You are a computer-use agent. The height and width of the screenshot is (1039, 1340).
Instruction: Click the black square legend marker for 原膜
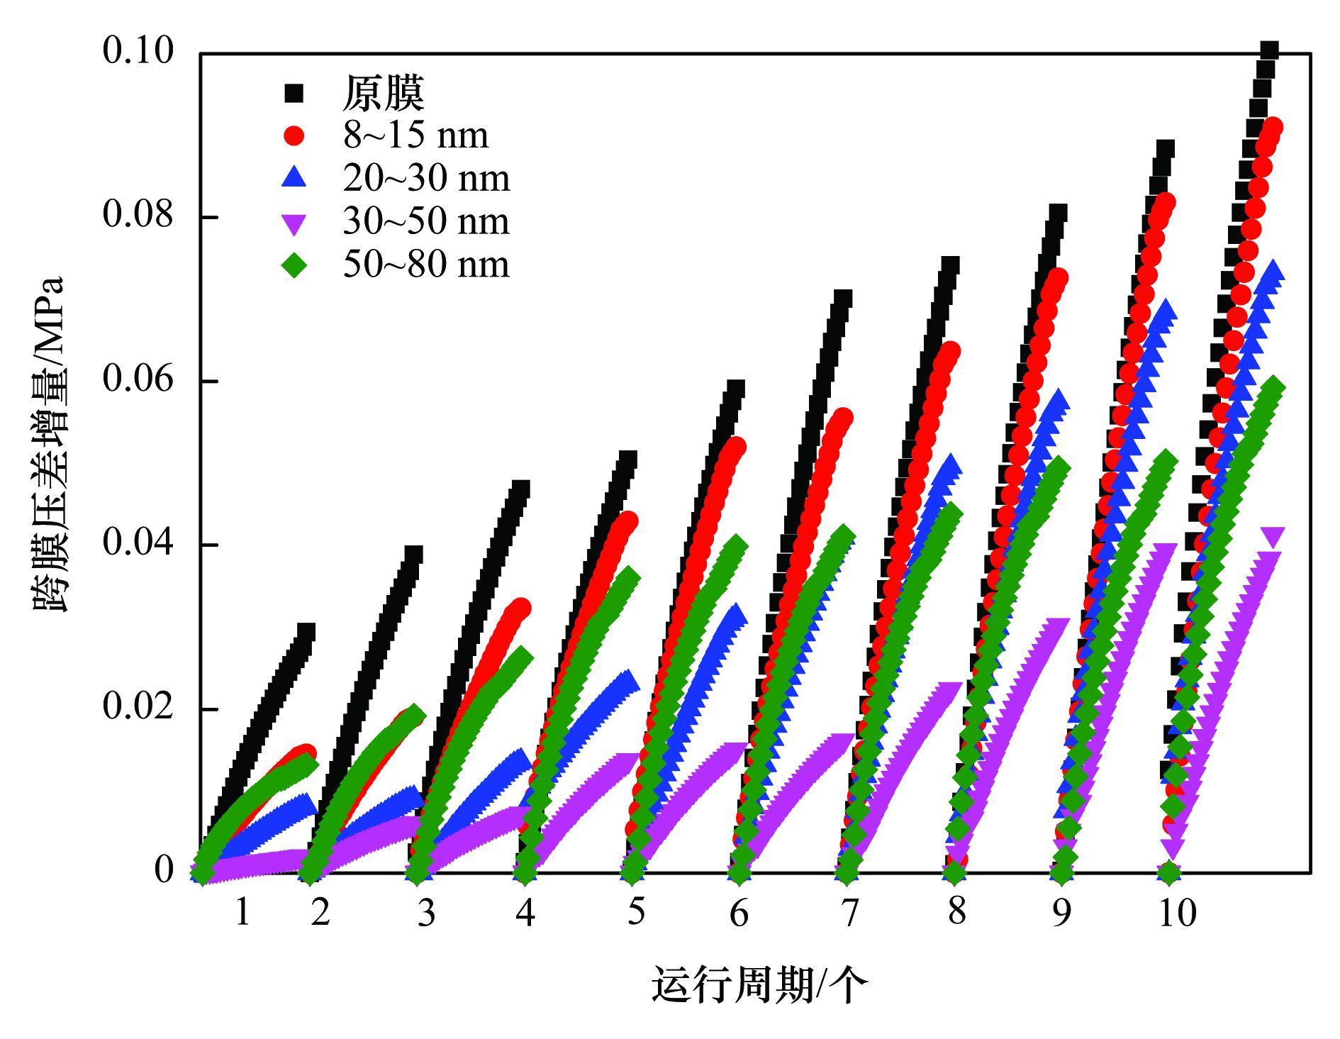click(x=294, y=93)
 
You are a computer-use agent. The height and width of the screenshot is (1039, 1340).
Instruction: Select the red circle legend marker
click(x=294, y=135)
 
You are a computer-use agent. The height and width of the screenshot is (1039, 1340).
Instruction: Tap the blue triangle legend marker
click(x=294, y=177)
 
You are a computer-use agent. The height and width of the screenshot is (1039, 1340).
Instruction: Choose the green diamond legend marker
click(x=294, y=265)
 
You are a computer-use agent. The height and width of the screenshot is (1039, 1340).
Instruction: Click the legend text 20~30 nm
click(x=426, y=178)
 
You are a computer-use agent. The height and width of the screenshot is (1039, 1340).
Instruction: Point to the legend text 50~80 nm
click(x=426, y=265)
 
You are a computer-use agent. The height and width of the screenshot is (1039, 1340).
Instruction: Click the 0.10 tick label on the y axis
click(x=138, y=51)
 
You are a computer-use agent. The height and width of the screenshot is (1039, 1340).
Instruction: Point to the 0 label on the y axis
click(x=164, y=870)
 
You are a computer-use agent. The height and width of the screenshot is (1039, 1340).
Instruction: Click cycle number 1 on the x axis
click(x=242, y=912)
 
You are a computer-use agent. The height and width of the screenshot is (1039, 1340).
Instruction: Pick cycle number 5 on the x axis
click(x=636, y=911)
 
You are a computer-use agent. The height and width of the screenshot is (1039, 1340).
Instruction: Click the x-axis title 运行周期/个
click(x=759, y=985)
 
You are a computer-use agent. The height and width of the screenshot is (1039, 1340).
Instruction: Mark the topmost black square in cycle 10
click(x=1269, y=50)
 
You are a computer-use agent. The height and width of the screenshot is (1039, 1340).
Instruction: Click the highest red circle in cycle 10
click(x=1273, y=128)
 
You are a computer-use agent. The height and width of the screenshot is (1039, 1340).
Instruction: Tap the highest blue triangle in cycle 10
click(x=1273, y=270)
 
